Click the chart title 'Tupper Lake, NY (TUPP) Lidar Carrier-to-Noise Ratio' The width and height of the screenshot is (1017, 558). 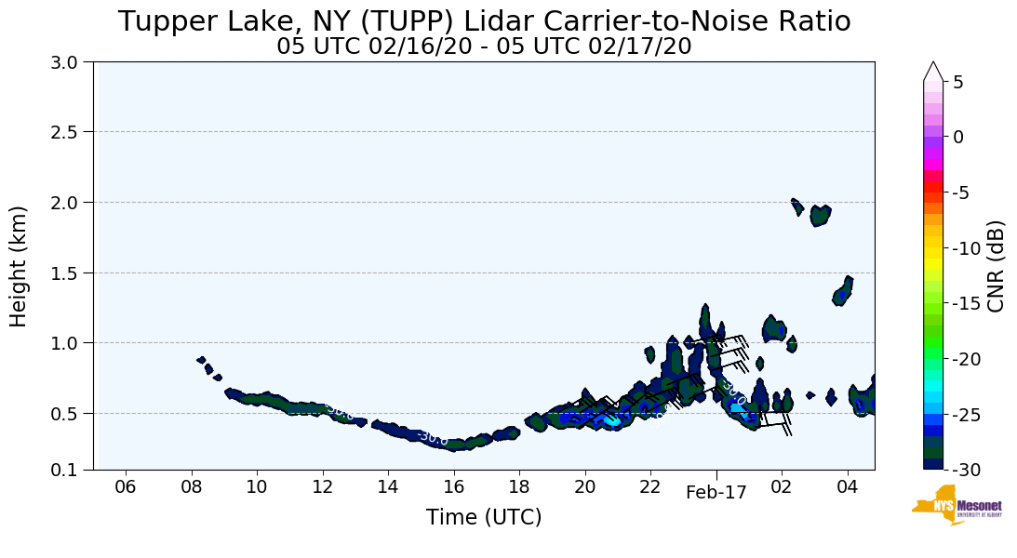[484, 21]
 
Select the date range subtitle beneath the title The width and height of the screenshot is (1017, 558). [484, 46]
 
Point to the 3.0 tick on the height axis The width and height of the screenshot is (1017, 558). [71, 62]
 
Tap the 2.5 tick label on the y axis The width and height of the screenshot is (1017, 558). [71, 132]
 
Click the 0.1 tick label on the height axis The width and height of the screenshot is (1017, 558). [71, 470]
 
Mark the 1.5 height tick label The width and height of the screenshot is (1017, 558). [71, 272]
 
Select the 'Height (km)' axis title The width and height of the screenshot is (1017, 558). [20, 266]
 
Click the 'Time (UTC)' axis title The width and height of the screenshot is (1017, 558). [484, 518]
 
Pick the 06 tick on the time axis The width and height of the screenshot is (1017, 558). [126, 487]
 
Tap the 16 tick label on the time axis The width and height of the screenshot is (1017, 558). [453, 487]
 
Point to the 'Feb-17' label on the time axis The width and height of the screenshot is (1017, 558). [716, 493]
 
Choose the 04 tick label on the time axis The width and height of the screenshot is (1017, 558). [847, 487]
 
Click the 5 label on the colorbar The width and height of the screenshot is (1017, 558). [957, 82]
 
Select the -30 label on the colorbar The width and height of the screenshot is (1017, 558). [963, 470]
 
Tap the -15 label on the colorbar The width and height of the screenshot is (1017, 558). [963, 303]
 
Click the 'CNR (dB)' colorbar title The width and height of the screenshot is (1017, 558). [996, 266]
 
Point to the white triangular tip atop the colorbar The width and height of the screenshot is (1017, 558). [933, 71]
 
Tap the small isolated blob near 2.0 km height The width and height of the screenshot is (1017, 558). [820, 216]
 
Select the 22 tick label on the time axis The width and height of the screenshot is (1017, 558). [649, 487]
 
